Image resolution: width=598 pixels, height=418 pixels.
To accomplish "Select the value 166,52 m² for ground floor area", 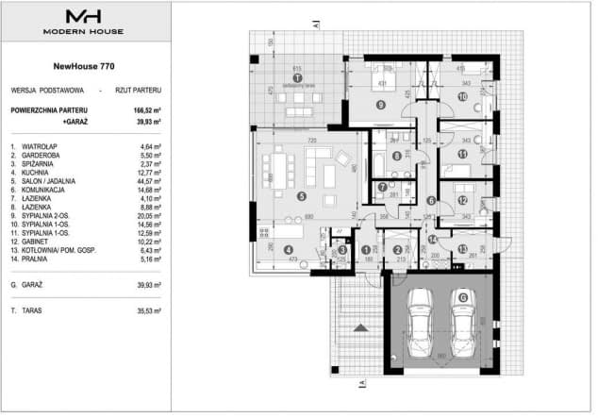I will (146, 109).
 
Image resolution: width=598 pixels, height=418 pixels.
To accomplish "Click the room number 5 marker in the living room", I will (300, 196).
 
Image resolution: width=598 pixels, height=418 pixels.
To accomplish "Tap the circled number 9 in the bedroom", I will (380, 104).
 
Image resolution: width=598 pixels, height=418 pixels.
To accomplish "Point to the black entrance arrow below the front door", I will (359, 327).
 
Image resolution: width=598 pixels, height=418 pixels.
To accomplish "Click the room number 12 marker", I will (462, 200).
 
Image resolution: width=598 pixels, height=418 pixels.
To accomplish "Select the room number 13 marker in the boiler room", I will (461, 249).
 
